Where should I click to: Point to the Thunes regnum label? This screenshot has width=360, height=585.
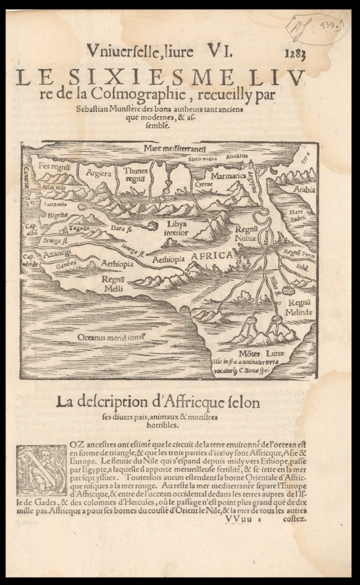click(x=135, y=174)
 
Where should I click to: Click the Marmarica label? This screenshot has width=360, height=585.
click(x=228, y=175)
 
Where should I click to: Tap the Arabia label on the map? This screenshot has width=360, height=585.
click(x=303, y=189)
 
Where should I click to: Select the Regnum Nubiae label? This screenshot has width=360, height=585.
click(x=246, y=233)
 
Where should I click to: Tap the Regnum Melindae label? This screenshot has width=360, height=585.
click(x=300, y=307)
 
